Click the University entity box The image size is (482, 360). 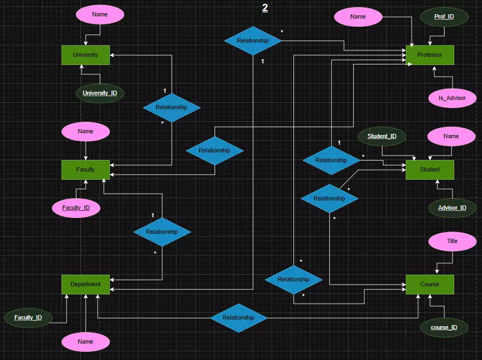86,55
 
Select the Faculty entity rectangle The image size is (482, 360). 86,169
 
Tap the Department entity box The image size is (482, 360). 86,284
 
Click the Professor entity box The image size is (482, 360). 430,55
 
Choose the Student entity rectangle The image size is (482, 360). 430,169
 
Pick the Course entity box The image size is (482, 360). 430,284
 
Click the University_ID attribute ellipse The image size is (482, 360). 100,93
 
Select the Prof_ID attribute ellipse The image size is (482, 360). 444,17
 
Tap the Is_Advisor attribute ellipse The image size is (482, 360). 452,98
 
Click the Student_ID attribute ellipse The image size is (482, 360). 382,136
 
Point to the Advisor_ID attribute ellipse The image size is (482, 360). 452,208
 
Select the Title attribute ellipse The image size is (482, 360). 452,241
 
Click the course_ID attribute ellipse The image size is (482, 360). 444,327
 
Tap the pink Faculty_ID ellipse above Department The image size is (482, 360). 76,208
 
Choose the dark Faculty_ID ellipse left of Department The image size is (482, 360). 28,317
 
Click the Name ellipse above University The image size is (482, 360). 100,15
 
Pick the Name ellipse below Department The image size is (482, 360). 86,341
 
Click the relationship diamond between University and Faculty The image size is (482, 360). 171,107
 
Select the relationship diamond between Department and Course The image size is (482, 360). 238,317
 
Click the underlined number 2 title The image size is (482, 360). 265,8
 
